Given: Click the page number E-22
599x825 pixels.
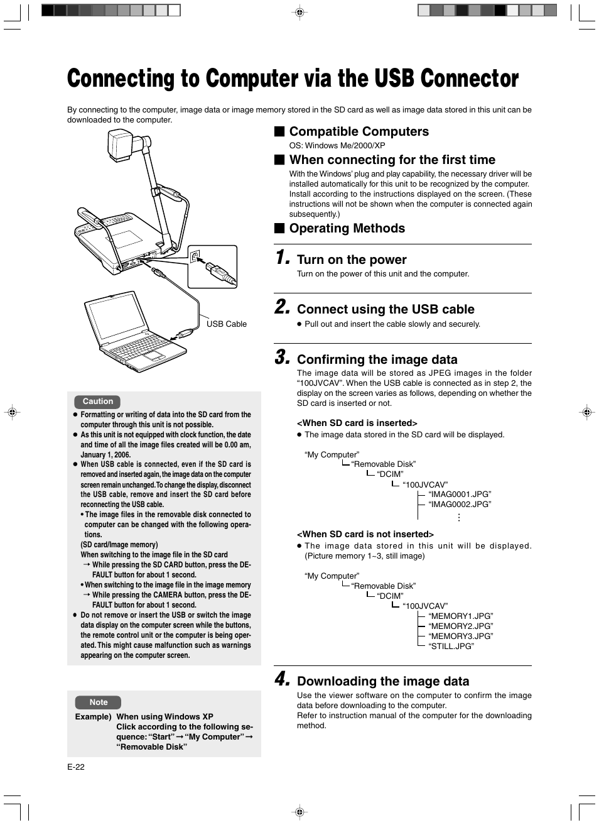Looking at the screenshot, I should pyautogui.click(x=76, y=767).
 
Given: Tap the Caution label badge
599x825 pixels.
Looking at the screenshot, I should pyautogui.click(x=98, y=402).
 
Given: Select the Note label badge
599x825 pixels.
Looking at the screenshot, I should pyautogui.click(x=99, y=702).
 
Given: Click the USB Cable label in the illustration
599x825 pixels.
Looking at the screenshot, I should pyautogui.click(x=227, y=324).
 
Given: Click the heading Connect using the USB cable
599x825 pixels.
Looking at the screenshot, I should pyautogui.click(x=386, y=309).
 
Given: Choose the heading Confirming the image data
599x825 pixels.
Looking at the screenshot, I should pyautogui.click(x=377, y=359).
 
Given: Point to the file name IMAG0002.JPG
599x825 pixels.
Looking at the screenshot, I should pyautogui.click(x=460, y=505).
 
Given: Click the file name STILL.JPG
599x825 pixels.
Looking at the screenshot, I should pyautogui.click(x=451, y=646).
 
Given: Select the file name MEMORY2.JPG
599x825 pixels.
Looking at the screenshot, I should pyautogui.click(x=460, y=626).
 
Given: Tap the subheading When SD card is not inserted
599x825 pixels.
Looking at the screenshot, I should pyautogui.click(x=365, y=534).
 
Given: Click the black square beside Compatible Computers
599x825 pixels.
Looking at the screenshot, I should pyautogui.click(x=279, y=131).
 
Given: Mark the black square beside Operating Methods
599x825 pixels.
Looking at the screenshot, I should pyautogui.click(x=279, y=228).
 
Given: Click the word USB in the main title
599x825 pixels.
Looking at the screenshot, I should pyautogui.click(x=394, y=79).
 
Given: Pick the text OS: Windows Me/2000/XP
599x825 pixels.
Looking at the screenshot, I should pyautogui.click(x=337, y=145).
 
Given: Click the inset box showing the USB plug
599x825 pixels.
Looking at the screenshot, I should pyautogui.click(x=213, y=266).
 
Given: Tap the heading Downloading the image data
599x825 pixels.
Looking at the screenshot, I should pyautogui.click(x=383, y=681).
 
